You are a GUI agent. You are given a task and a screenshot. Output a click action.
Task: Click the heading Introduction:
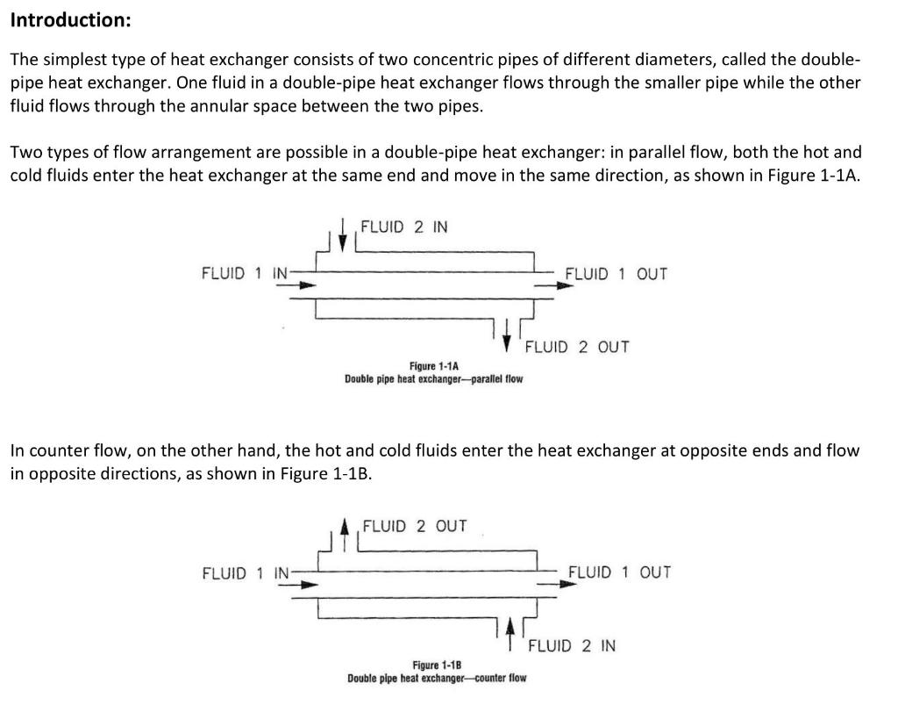point(69,19)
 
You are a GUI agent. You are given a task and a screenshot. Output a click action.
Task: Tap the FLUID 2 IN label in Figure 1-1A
point(404,227)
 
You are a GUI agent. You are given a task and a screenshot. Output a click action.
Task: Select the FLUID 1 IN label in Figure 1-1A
point(245,273)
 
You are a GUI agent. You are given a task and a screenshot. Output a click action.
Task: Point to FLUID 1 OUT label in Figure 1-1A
point(616,274)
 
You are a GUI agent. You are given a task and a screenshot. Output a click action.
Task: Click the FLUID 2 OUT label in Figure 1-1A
point(577,347)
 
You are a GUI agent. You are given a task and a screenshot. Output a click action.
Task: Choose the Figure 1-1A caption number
point(435,366)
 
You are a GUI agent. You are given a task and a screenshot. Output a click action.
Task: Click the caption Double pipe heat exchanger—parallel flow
point(434,379)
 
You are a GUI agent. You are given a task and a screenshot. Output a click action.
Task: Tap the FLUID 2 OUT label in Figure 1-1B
point(415,527)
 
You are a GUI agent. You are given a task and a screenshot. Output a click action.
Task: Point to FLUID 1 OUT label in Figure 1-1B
point(619,572)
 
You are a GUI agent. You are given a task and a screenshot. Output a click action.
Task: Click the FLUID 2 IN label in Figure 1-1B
point(572,646)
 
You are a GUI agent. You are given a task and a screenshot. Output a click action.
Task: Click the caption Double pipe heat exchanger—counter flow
point(437,678)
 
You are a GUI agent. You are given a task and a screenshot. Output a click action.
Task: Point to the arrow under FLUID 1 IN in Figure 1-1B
point(303,584)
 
